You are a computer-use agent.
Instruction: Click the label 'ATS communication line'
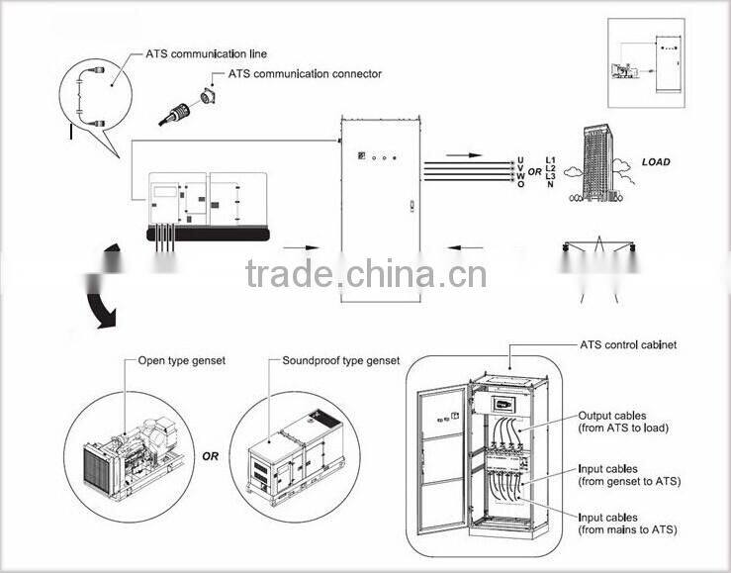click(206, 53)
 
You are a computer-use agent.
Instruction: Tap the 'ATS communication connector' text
click(305, 74)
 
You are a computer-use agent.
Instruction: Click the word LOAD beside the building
click(656, 162)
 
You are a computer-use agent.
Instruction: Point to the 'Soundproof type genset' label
click(341, 361)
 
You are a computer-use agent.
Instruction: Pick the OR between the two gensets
click(211, 456)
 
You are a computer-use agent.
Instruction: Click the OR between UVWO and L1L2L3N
click(534, 172)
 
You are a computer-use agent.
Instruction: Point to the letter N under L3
click(550, 185)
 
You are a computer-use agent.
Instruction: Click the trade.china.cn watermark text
click(365, 273)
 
